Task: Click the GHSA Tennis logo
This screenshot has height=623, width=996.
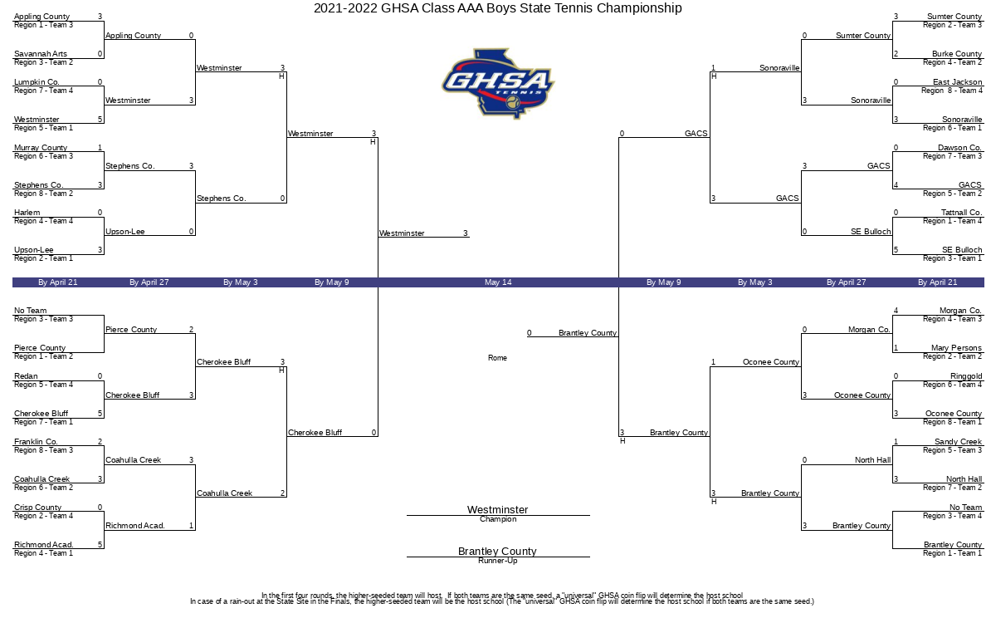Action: [x=498, y=84]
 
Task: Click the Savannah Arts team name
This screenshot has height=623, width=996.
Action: [x=41, y=54]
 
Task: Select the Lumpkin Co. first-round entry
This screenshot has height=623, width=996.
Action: [x=37, y=82]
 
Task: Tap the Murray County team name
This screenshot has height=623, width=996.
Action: [x=41, y=148]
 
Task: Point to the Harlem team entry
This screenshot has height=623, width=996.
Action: [x=27, y=213]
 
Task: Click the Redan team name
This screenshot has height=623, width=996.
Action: [x=26, y=376]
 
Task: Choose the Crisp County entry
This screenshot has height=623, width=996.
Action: [x=38, y=508]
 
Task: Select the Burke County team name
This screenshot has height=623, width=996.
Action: [x=957, y=54]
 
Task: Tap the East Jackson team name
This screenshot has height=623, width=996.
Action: [x=957, y=82]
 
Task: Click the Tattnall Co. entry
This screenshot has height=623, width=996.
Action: [x=961, y=213]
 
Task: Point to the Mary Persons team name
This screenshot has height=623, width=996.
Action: [x=956, y=348]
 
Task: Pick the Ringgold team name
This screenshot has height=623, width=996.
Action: [x=966, y=376]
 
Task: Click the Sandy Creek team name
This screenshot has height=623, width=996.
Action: [x=958, y=442]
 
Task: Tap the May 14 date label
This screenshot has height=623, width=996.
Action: [x=498, y=282]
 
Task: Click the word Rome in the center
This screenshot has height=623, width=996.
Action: [x=497, y=358]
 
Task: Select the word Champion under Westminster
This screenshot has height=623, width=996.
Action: [x=498, y=519]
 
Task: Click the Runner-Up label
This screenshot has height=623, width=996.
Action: [x=498, y=561]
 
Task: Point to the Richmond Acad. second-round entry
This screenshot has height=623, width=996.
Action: [x=135, y=526]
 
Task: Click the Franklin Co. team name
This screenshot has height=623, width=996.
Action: [x=36, y=442]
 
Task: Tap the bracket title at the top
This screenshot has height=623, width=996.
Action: [x=497, y=8]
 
